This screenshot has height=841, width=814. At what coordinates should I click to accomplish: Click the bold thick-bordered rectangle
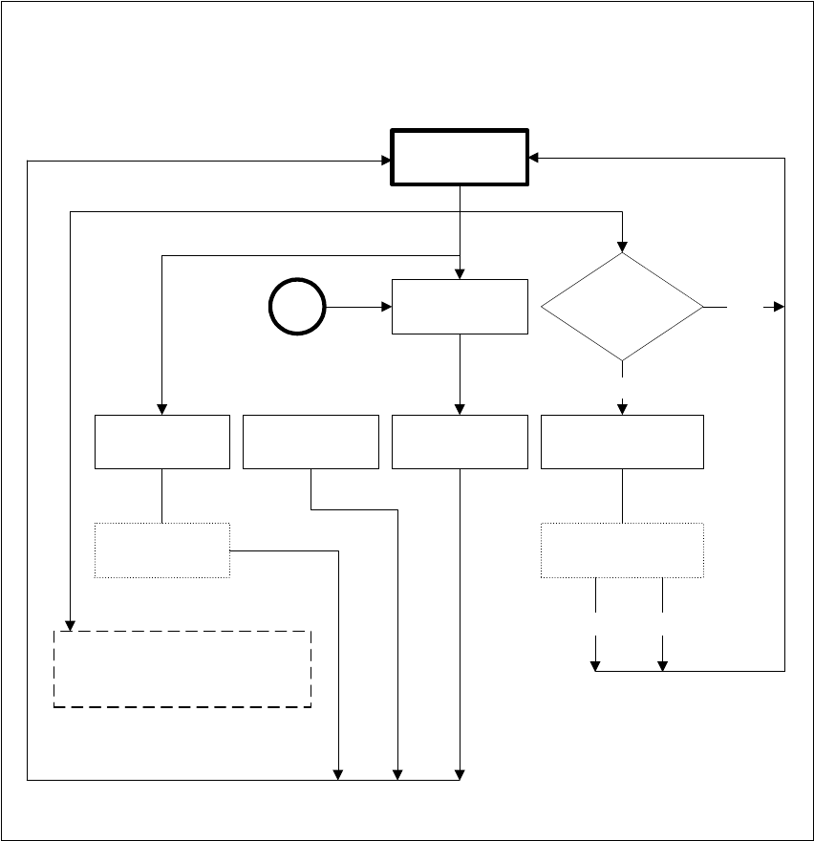pos(460,157)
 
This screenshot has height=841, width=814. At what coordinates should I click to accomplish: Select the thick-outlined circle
pos(297,307)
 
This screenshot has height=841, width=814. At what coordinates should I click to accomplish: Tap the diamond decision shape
pos(622,307)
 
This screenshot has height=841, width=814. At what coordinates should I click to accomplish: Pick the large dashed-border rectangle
pos(182,668)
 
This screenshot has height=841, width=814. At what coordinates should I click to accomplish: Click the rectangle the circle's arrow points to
pos(460,307)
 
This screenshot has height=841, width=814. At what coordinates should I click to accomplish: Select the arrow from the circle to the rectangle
pos(358,307)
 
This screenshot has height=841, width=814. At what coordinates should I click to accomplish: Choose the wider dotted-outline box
pos(622,550)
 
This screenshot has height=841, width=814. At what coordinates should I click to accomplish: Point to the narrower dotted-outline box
pos(162,550)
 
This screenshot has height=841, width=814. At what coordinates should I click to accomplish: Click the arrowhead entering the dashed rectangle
pos(71,625)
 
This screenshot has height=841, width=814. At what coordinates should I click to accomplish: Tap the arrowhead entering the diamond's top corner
pos(622,247)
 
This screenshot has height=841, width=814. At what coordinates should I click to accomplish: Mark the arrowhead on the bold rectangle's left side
pos(386,161)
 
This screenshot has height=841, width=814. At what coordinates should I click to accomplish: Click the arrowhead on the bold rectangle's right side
pos(534,157)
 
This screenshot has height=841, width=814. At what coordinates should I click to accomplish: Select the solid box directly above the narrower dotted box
pos(162,442)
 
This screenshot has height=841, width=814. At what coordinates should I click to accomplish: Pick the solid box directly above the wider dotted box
pos(622,442)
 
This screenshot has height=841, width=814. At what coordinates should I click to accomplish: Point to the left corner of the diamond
pos(543,307)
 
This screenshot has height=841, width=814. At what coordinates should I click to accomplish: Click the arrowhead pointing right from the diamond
pos(779,307)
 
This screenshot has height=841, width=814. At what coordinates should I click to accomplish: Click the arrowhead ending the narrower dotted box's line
pos(339,774)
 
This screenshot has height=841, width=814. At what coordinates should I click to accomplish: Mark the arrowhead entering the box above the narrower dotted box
pos(162,409)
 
